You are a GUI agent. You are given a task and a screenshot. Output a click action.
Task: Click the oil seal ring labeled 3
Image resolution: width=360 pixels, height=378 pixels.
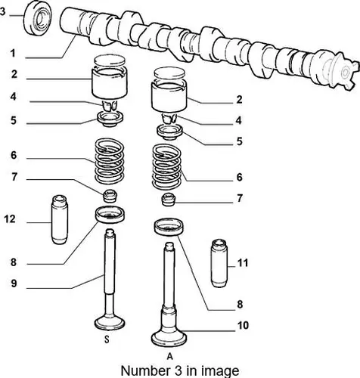click(38, 18)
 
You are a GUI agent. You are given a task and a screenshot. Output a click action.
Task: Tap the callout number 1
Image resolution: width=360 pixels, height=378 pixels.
click(13, 54)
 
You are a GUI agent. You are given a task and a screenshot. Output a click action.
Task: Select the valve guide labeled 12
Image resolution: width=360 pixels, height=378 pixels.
click(60, 220)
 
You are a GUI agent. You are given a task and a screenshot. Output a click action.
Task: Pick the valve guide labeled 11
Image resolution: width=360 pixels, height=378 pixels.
click(219, 263)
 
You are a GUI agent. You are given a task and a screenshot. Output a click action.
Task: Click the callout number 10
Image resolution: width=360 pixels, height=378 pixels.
click(243, 325)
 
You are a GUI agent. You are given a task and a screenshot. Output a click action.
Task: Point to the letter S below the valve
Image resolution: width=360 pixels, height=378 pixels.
click(107, 339)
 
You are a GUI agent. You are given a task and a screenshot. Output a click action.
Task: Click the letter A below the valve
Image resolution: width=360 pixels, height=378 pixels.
click(170, 357)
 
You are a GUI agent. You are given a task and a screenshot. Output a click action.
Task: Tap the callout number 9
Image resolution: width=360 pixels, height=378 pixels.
click(14, 283)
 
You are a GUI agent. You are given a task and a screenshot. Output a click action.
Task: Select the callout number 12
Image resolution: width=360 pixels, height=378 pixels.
click(10, 219)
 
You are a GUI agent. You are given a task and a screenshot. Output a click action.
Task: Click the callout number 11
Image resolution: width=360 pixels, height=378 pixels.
click(243, 263)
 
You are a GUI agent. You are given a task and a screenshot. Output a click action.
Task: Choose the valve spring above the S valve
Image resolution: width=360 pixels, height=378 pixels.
click(109, 161)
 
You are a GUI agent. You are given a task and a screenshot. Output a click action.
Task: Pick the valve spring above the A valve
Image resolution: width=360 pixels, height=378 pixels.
click(166, 166)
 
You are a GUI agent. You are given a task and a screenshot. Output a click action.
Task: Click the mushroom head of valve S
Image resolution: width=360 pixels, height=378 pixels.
click(110, 323)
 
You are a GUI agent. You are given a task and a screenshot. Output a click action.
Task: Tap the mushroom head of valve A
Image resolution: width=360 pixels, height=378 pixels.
click(169, 339)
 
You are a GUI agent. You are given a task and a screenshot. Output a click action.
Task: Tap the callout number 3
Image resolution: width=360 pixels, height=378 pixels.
click(2, 11)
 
